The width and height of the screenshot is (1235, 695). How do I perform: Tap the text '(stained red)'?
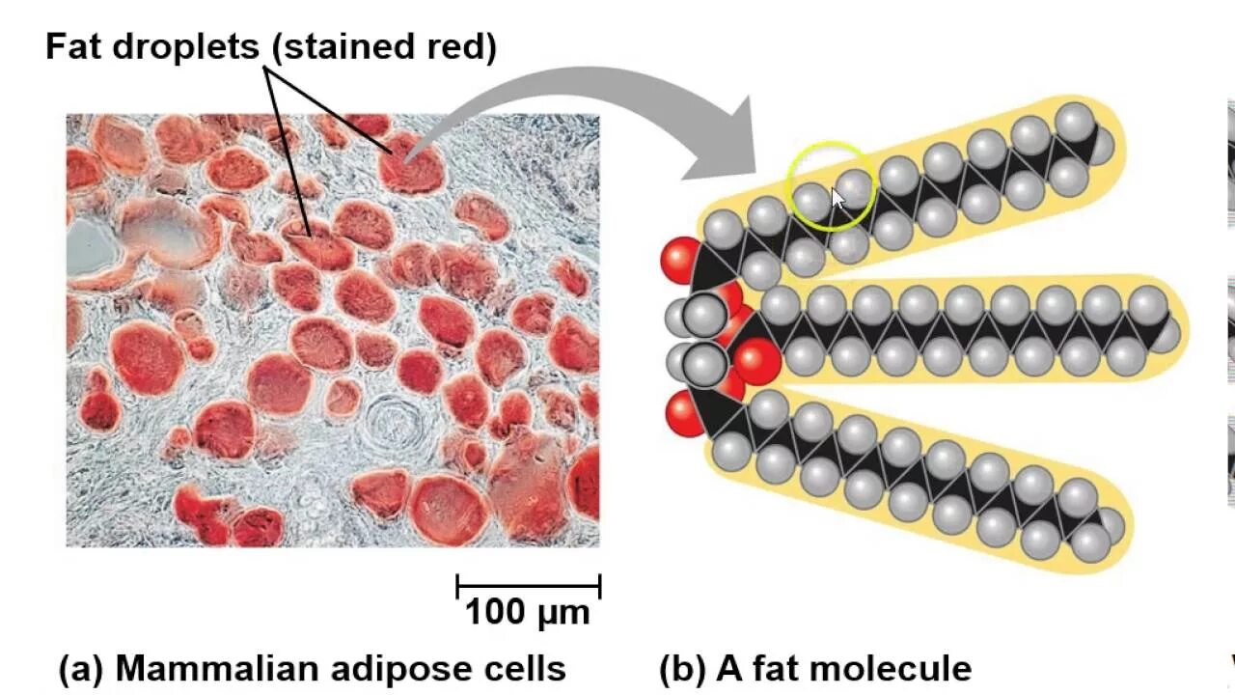pos(383,46)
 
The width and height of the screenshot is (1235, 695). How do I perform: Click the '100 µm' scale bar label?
pos(527,612)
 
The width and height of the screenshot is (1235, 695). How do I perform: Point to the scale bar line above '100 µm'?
pos(528,585)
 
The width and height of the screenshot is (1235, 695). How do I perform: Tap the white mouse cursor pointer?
pos(837,198)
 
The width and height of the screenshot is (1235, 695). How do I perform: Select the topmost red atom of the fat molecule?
pos(680,261)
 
